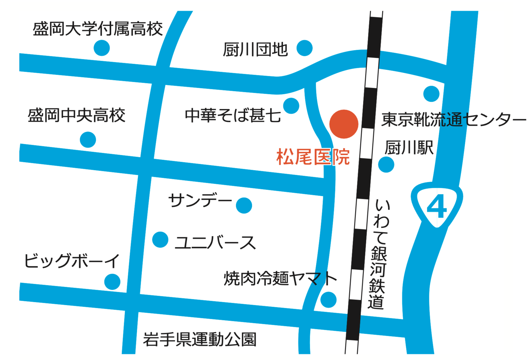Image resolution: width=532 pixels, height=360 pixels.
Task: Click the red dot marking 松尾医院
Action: pos(344,124)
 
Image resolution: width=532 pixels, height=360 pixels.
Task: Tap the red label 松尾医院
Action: pos(313,157)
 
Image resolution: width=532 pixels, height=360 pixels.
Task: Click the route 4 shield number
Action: pos(437,207)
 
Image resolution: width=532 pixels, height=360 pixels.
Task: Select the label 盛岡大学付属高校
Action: pos(98,29)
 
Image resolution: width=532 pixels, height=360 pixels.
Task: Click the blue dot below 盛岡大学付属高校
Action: pos(102,48)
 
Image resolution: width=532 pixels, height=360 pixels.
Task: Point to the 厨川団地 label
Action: pos(255,49)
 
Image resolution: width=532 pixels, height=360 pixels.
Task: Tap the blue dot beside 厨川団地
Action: pos(304,48)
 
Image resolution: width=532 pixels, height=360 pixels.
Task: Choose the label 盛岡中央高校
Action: pos(76,116)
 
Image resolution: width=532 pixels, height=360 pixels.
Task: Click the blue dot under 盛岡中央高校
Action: pos(88,140)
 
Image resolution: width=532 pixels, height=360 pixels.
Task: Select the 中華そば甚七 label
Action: pos(233,116)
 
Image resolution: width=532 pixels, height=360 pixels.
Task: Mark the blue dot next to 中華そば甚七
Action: pos(291,106)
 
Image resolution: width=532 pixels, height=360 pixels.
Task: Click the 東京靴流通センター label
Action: pos(454,120)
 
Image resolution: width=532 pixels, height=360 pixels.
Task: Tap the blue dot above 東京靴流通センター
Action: pos(431,94)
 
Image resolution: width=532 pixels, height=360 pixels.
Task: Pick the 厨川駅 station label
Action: pos(409,148)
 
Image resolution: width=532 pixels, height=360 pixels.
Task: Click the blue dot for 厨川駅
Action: pos(386,164)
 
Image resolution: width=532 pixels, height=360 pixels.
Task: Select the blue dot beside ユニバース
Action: pos(160,240)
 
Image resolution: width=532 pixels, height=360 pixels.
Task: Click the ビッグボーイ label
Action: pos(72,261)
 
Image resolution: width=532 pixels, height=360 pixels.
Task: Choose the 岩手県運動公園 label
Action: pos(200,339)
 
